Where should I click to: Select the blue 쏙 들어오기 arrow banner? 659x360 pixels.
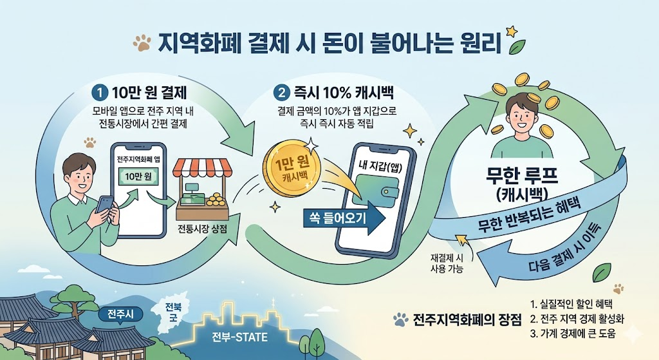pyautogui.click(x=341, y=218)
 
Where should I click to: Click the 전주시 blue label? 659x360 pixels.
pyautogui.click(x=116, y=316)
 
